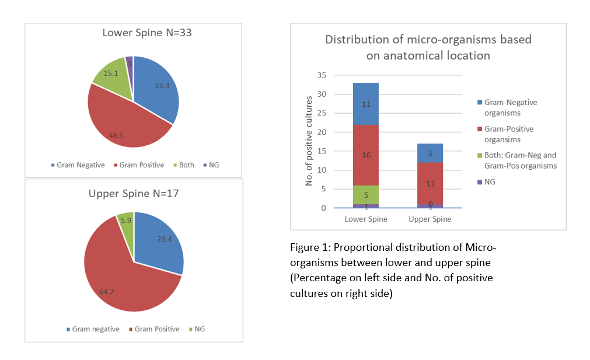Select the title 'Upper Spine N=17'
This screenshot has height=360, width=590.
pyautogui.click(x=134, y=194)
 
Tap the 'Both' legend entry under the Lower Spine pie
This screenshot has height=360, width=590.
pyautogui.click(x=183, y=165)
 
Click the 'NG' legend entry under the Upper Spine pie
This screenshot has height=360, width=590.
pyautogui.click(x=197, y=329)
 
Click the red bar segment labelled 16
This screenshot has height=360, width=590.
pyautogui.click(x=366, y=155)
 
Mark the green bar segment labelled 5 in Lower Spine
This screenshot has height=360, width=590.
pyautogui.click(x=366, y=195)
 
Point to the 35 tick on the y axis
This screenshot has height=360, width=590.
pyautogui.click(x=322, y=75)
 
